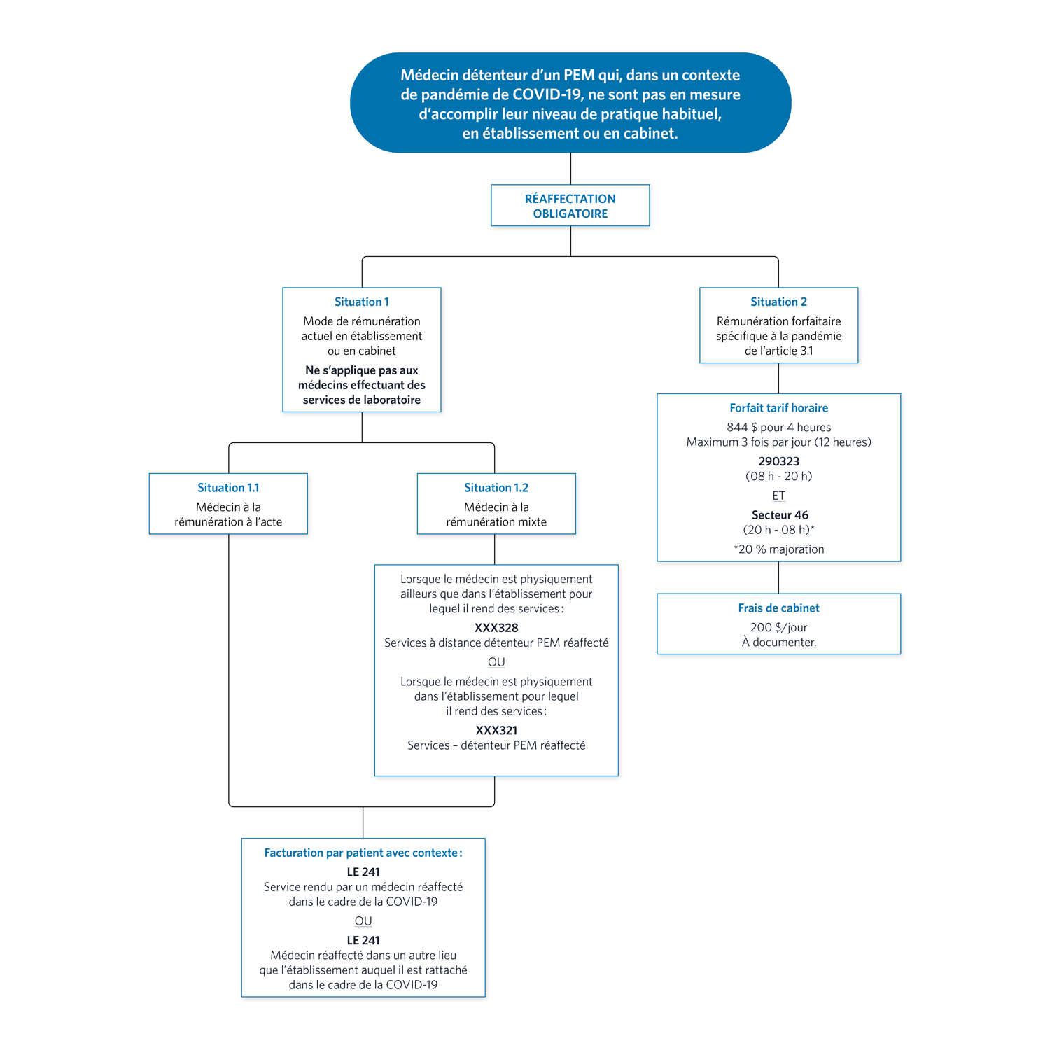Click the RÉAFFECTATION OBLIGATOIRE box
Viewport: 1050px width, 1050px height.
(x=570, y=205)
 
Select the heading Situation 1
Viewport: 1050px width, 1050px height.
(x=361, y=302)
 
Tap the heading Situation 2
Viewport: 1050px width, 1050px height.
(x=778, y=302)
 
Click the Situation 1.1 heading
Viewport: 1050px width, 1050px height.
(x=228, y=488)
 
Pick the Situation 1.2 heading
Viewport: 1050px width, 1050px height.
(x=496, y=488)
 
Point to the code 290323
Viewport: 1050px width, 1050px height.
(x=778, y=461)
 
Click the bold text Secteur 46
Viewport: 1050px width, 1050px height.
(x=780, y=515)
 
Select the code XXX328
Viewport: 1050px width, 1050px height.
(x=496, y=628)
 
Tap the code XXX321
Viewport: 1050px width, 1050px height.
(x=496, y=730)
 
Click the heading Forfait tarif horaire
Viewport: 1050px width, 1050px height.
(x=778, y=408)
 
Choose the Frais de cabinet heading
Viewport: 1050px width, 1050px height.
(x=778, y=608)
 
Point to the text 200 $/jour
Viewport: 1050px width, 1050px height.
(x=778, y=628)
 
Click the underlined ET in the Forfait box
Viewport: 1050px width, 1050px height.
(x=778, y=496)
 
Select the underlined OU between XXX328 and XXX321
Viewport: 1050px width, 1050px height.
(x=496, y=662)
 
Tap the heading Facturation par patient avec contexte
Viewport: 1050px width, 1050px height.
(x=363, y=853)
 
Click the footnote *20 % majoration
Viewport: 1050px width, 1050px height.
(x=778, y=549)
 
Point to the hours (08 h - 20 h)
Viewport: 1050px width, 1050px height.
(x=778, y=477)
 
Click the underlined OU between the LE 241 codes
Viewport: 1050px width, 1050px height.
(x=363, y=921)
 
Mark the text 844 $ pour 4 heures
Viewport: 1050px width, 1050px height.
(x=778, y=428)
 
